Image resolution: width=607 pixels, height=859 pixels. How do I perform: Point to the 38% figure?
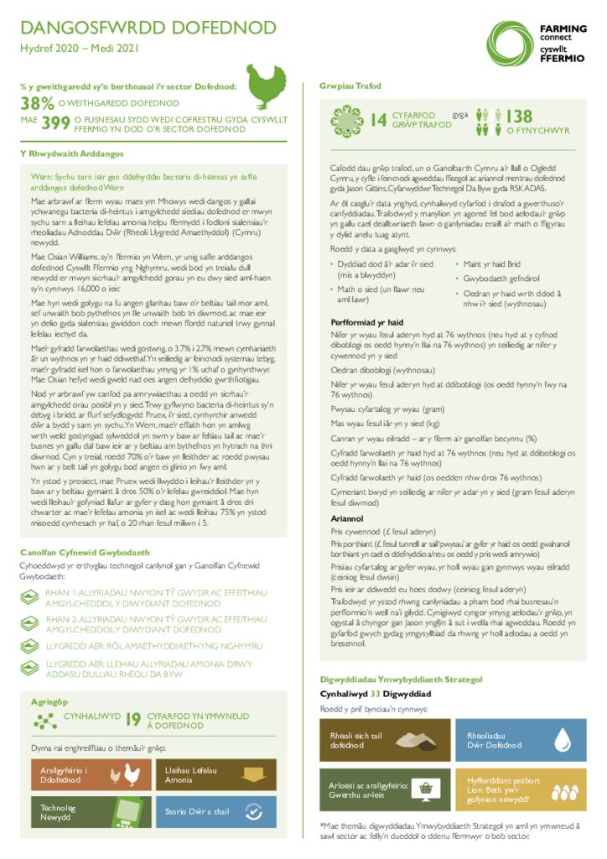coord(38,104)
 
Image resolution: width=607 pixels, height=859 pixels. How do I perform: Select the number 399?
coord(55,124)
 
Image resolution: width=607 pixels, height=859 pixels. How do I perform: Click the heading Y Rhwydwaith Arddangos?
coord(72,154)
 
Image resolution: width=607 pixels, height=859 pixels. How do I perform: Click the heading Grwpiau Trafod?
coord(350,86)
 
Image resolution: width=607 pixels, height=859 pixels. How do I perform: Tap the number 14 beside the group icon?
coord(379,121)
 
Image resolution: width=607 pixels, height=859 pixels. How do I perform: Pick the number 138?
coord(519,117)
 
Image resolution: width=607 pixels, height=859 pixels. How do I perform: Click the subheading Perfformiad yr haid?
coord(367,322)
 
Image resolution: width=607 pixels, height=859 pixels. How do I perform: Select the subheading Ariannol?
coord(347,519)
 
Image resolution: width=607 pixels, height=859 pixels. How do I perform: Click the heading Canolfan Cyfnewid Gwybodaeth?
coord(86,553)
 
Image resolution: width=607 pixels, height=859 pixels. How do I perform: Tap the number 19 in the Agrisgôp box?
coord(133,719)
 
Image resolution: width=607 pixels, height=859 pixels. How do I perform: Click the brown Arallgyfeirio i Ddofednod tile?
coord(90,775)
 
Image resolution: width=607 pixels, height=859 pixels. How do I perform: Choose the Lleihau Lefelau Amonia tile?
coord(215,775)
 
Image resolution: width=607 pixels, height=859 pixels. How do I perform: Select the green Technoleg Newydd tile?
coord(90,812)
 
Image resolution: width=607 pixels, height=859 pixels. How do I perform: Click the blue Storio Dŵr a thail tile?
coord(215,812)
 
